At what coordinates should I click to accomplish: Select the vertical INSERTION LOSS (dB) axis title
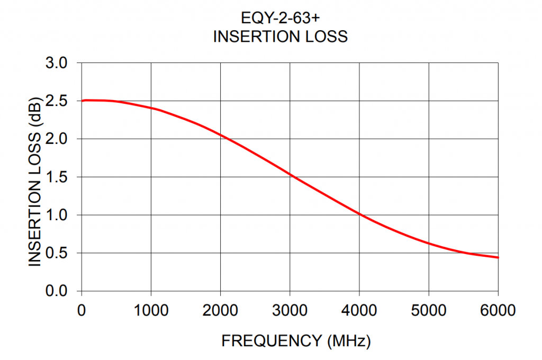coord(34,181)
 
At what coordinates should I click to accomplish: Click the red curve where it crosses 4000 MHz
coord(359,214)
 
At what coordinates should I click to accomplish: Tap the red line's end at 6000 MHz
coord(498,257)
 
